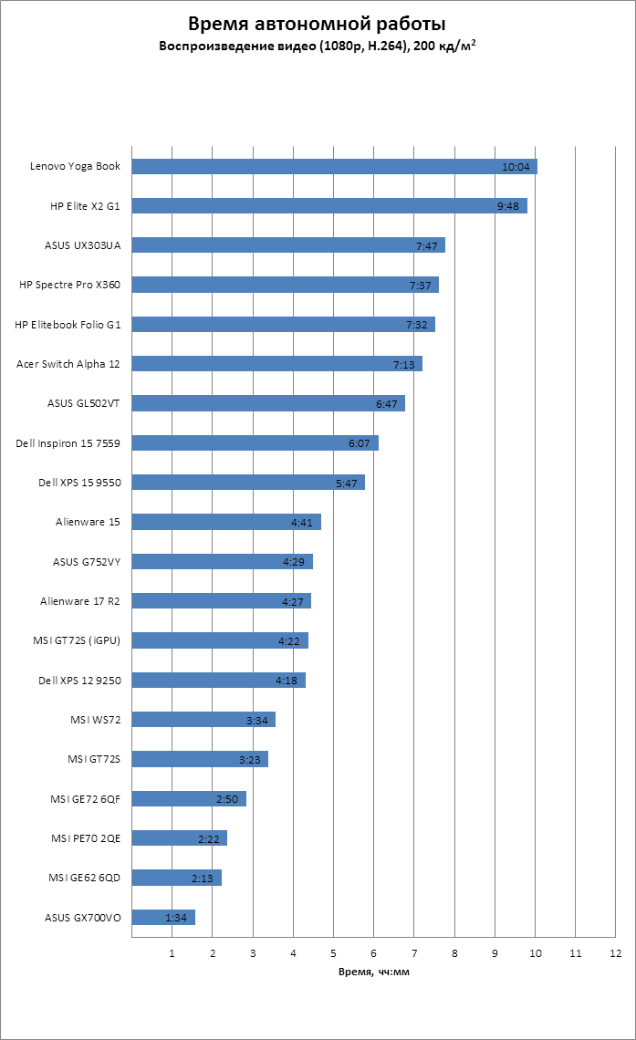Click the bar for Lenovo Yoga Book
334,166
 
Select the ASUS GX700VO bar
163,917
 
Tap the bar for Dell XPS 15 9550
248,483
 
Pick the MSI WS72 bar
203,720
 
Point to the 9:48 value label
508,206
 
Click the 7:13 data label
404,364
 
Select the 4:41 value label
302,523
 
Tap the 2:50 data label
227,799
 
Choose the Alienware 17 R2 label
80,601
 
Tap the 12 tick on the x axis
616,953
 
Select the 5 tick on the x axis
334,953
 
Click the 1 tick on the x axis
172,953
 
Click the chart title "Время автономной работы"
318,24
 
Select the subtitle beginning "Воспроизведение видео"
318,45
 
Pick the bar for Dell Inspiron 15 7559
255,443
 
